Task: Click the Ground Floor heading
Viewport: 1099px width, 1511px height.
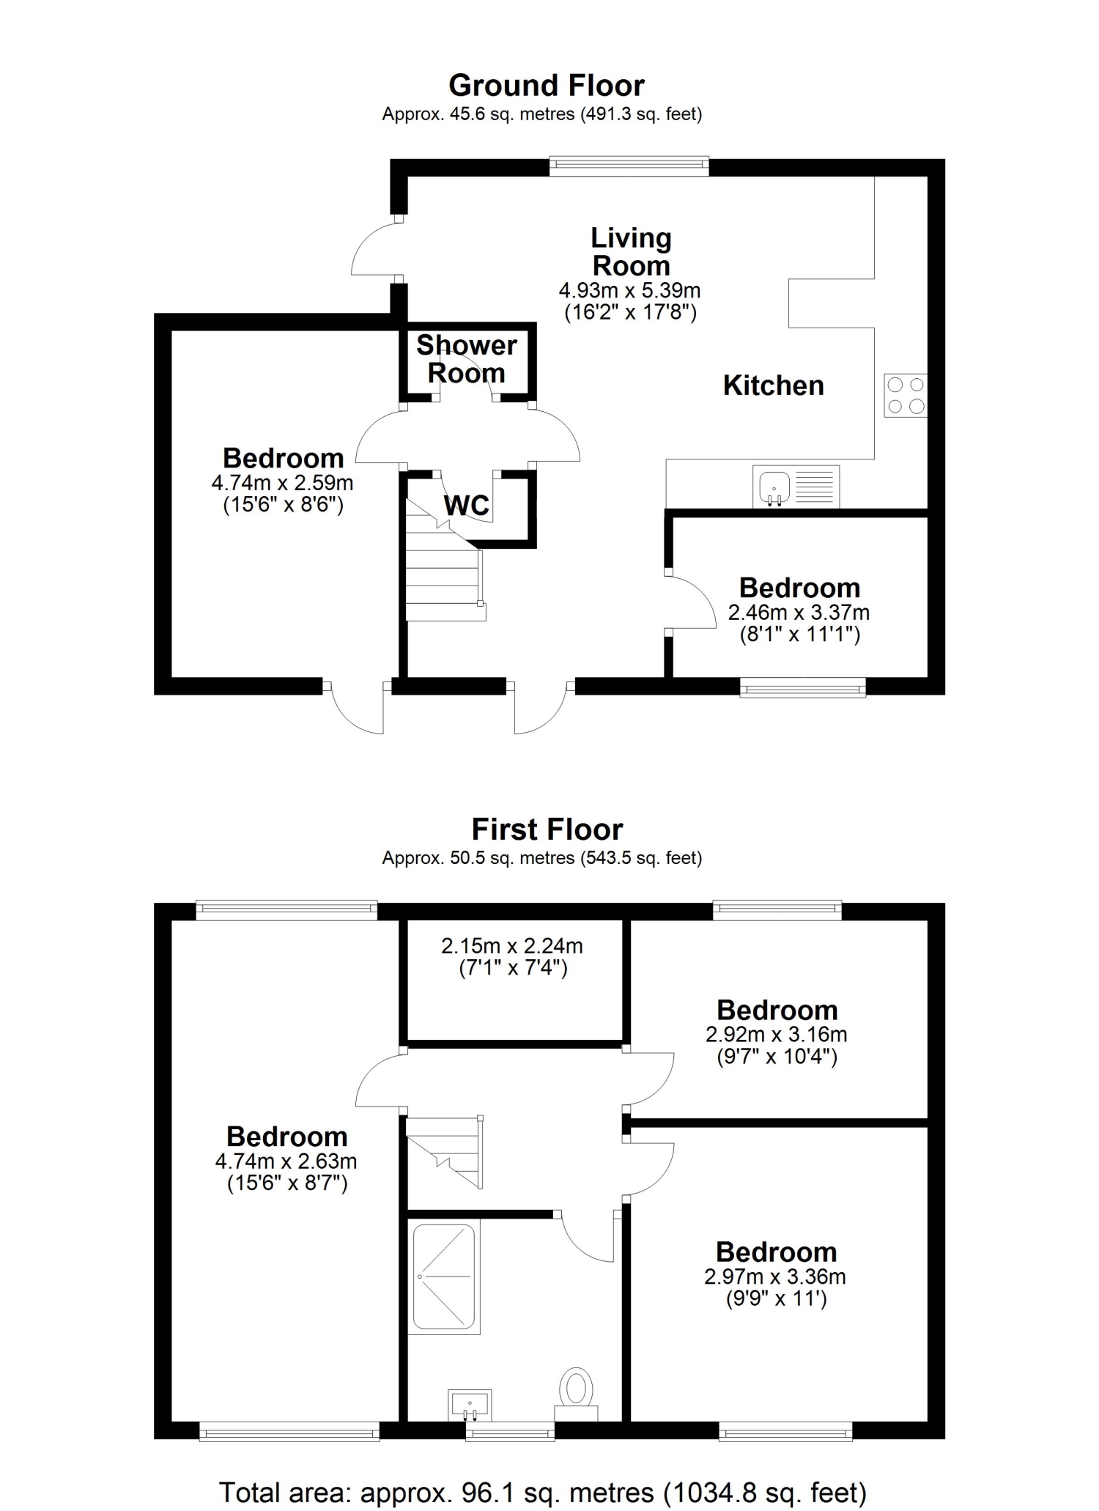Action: pos(547,86)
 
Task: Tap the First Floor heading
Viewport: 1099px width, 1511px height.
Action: pos(547,830)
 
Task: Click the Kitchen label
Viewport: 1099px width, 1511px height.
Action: pos(774,385)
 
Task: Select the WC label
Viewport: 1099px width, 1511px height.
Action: pos(467,505)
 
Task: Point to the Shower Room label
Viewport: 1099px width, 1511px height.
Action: pos(467,359)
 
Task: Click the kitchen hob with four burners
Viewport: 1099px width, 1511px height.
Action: pos(906,396)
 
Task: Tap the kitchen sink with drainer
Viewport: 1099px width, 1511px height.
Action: pos(796,486)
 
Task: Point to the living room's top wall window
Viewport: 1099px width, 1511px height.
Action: pos(629,166)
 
